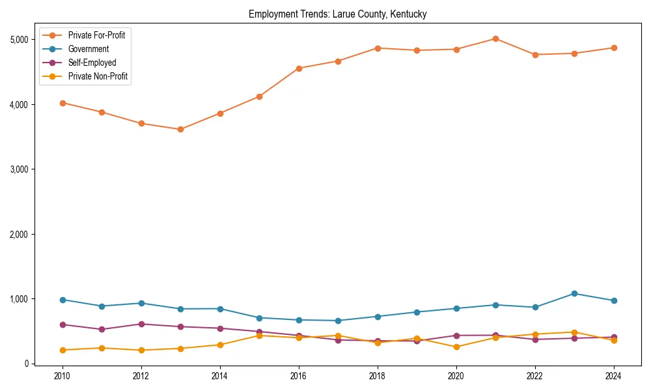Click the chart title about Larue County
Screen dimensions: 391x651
(337, 14)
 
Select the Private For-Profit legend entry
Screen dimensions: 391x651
(96, 35)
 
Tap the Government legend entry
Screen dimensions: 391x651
(89, 49)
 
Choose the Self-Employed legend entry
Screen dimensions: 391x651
(92, 63)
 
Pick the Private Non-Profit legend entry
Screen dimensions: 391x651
(98, 76)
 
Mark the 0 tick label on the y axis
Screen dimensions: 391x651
(27, 364)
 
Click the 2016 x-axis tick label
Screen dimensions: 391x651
(298, 376)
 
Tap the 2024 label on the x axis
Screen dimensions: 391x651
(613, 376)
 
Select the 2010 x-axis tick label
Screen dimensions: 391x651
(62, 376)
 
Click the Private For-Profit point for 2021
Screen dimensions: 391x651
(495, 39)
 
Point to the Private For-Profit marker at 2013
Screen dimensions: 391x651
(180, 130)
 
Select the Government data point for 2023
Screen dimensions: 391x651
(574, 294)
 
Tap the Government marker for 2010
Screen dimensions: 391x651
(62, 300)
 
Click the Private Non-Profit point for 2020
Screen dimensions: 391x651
(456, 347)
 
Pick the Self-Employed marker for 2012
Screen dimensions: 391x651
(141, 324)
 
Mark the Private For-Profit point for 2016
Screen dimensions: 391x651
(298, 68)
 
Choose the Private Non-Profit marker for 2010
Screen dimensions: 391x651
(62, 350)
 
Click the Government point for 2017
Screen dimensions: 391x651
(338, 321)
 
